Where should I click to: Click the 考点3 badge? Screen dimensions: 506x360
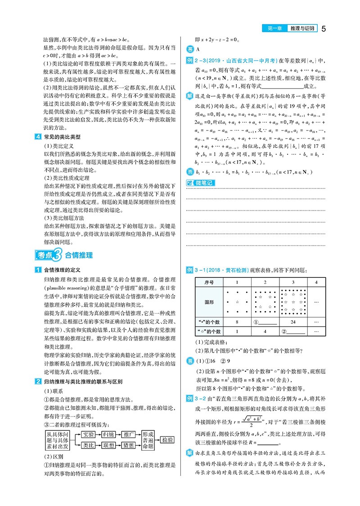tap(48, 255)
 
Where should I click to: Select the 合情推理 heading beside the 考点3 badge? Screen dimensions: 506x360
tap(79, 255)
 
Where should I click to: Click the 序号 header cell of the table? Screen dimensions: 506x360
tap(209, 282)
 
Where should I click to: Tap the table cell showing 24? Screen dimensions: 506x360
tap(293, 322)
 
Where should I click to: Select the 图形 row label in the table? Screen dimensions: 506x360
tap(209, 302)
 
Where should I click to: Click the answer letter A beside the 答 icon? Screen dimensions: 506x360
tap(197, 49)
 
